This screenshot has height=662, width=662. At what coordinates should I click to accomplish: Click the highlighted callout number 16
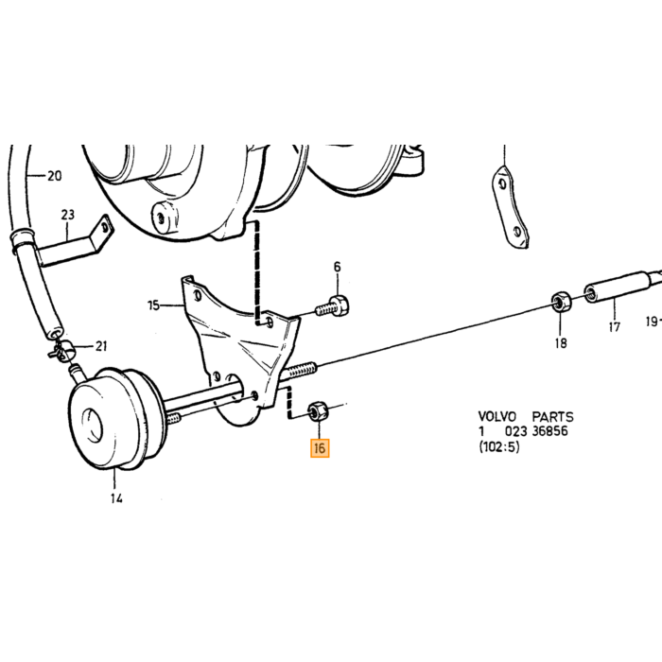(320, 448)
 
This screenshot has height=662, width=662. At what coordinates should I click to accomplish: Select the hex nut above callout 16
(317, 410)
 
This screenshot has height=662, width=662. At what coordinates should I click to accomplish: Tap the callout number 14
(117, 498)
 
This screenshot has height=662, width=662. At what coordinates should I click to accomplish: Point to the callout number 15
(153, 305)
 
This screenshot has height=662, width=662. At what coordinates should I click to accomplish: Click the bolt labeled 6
(334, 307)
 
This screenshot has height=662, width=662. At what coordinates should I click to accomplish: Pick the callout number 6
(337, 267)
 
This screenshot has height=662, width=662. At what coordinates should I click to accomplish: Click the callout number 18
(561, 343)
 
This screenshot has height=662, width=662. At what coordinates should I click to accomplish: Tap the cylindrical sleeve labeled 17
(617, 287)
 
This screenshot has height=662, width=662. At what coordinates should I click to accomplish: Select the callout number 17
(615, 327)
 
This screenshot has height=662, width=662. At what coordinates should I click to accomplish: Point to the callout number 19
(653, 322)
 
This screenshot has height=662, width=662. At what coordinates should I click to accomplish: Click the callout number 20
(55, 176)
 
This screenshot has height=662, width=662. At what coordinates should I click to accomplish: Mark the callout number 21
(101, 346)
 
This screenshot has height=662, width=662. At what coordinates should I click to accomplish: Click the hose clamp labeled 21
(61, 350)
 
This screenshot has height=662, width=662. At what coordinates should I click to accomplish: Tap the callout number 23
(67, 215)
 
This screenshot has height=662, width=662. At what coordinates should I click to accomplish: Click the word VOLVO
(496, 417)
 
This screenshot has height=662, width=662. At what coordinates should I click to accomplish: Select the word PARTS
(552, 417)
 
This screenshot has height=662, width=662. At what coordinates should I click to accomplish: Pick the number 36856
(549, 431)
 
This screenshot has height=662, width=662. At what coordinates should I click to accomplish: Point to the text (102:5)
(499, 446)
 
